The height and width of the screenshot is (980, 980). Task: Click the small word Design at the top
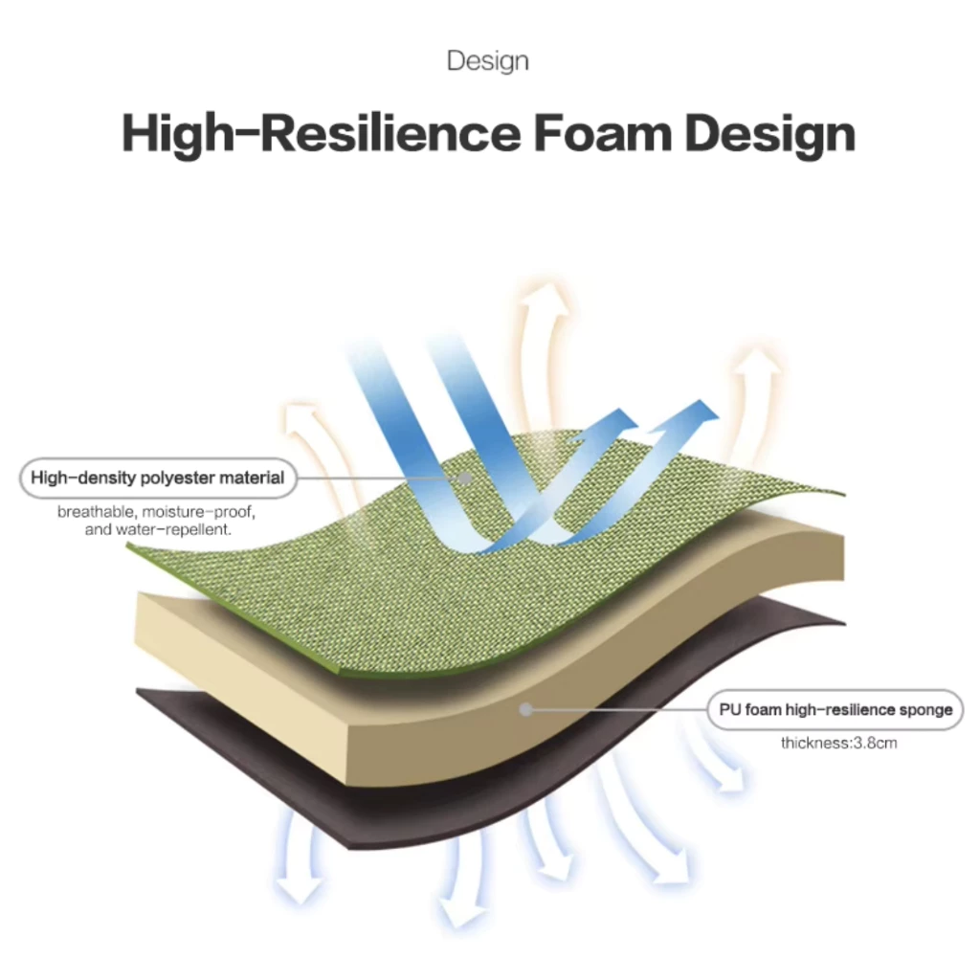[487, 61]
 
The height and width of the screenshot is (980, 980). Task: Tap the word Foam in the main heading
[603, 133]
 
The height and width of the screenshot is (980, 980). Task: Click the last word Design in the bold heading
[770, 134]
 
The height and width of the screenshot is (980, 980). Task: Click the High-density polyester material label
[158, 479]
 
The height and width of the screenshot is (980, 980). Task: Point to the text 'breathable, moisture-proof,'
[156, 512]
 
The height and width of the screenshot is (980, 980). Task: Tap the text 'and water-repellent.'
[158, 529]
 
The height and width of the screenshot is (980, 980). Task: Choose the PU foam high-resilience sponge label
[835, 709]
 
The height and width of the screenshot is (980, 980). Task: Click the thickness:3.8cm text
[838, 743]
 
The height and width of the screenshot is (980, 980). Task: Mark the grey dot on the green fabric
[465, 479]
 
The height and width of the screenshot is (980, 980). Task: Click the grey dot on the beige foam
[526, 709]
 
